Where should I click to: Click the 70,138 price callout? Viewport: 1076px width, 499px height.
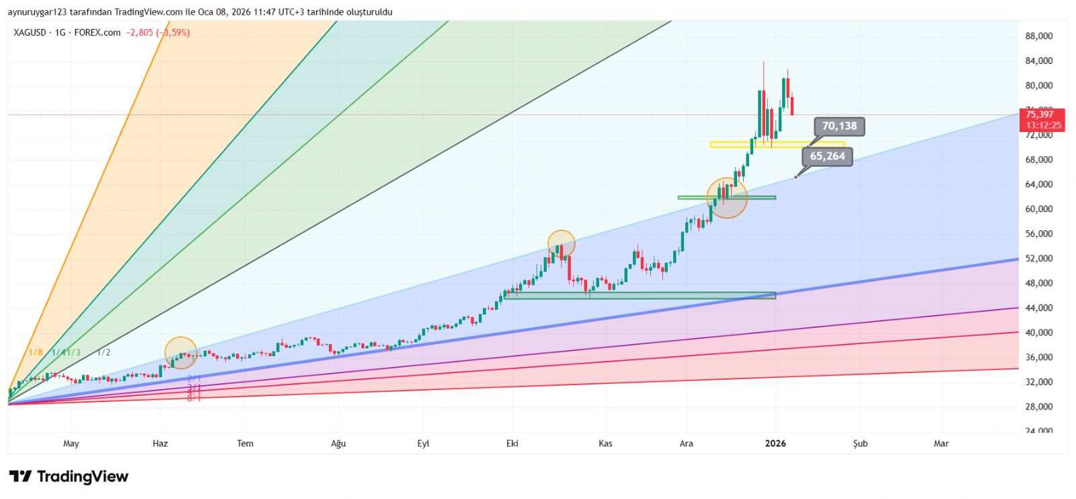click(x=839, y=126)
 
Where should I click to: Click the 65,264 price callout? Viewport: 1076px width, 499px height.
click(x=827, y=156)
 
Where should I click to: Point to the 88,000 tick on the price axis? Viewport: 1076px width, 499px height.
click(x=1038, y=36)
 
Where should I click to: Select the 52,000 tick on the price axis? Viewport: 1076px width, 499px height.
click(x=1038, y=259)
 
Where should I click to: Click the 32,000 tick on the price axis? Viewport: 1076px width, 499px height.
click(x=1038, y=382)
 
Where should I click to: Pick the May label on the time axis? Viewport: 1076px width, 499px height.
click(x=71, y=443)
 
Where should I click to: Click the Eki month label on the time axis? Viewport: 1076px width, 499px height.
click(x=512, y=443)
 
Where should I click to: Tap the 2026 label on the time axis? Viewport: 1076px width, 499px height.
click(x=775, y=443)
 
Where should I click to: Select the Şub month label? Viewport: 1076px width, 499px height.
click(x=860, y=443)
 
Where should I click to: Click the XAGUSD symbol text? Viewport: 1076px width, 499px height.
click(x=30, y=32)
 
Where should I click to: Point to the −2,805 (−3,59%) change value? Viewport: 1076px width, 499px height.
click(x=158, y=32)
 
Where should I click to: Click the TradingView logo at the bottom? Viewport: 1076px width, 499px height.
click(x=69, y=477)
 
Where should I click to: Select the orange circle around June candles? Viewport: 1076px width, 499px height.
click(x=181, y=353)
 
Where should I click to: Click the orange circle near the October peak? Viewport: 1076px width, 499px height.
click(x=562, y=244)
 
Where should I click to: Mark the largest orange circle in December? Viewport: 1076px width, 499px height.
click(x=727, y=198)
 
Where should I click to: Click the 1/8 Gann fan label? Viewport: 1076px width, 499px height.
click(x=36, y=352)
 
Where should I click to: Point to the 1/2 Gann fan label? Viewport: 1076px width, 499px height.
click(x=104, y=352)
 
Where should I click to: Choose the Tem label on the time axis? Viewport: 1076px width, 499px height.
click(x=245, y=443)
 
